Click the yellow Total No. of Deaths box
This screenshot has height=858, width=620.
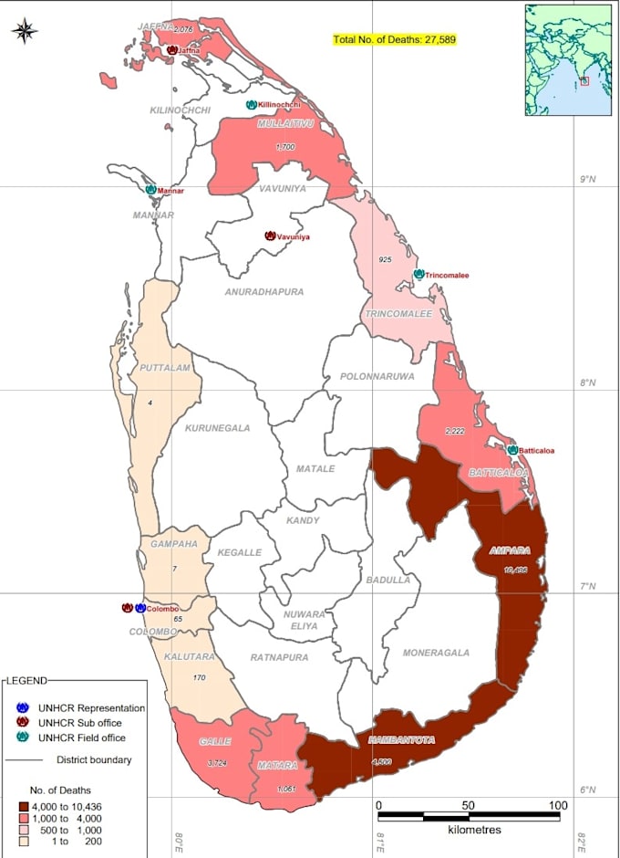[x=395, y=40]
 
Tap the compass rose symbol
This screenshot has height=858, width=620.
[x=25, y=32]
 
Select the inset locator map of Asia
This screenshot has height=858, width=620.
[x=567, y=59]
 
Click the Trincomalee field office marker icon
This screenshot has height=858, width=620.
[x=418, y=274]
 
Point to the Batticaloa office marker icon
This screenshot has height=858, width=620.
[x=512, y=450]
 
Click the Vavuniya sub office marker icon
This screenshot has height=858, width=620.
[x=270, y=235]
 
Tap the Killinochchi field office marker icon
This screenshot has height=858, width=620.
[x=251, y=105]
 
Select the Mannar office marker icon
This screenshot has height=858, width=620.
[x=150, y=190]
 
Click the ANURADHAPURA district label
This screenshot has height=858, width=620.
[x=264, y=292]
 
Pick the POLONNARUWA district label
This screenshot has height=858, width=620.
[x=377, y=376]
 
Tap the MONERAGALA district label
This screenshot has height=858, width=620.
[x=436, y=653]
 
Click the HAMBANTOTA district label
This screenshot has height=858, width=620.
[x=401, y=739]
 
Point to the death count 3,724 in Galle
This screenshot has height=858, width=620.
[x=216, y=763]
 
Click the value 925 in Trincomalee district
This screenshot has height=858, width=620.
[x=385, y=260]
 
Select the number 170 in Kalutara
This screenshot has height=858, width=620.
[x=201, y=678]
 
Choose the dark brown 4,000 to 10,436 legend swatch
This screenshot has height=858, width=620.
[x=25, y=806]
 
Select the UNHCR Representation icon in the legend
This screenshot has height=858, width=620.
[x=25, y=708]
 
